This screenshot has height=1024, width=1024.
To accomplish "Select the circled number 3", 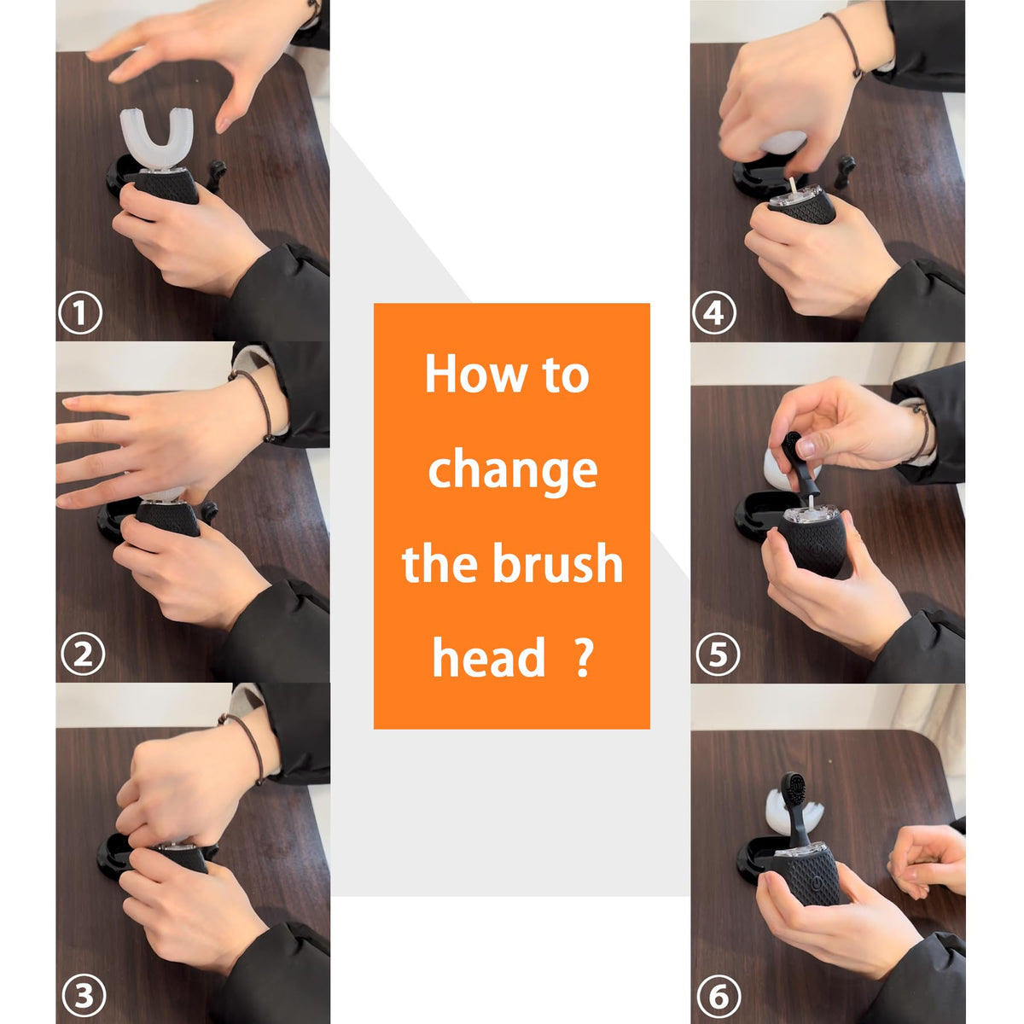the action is [x=84, y=994].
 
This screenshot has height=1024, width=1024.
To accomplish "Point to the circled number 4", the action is [x=713, y=313].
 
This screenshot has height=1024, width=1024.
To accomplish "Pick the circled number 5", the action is [x=718, y=653].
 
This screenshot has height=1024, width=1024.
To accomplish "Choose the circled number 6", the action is [x=719, y=994].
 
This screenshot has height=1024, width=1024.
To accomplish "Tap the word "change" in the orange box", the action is [x=512, y=472].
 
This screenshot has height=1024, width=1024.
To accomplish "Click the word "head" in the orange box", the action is [x=489, y=657].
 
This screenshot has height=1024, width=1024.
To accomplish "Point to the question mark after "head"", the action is [x=584, y=657].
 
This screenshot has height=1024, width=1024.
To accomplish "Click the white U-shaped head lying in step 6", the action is [x=792, y=819].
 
